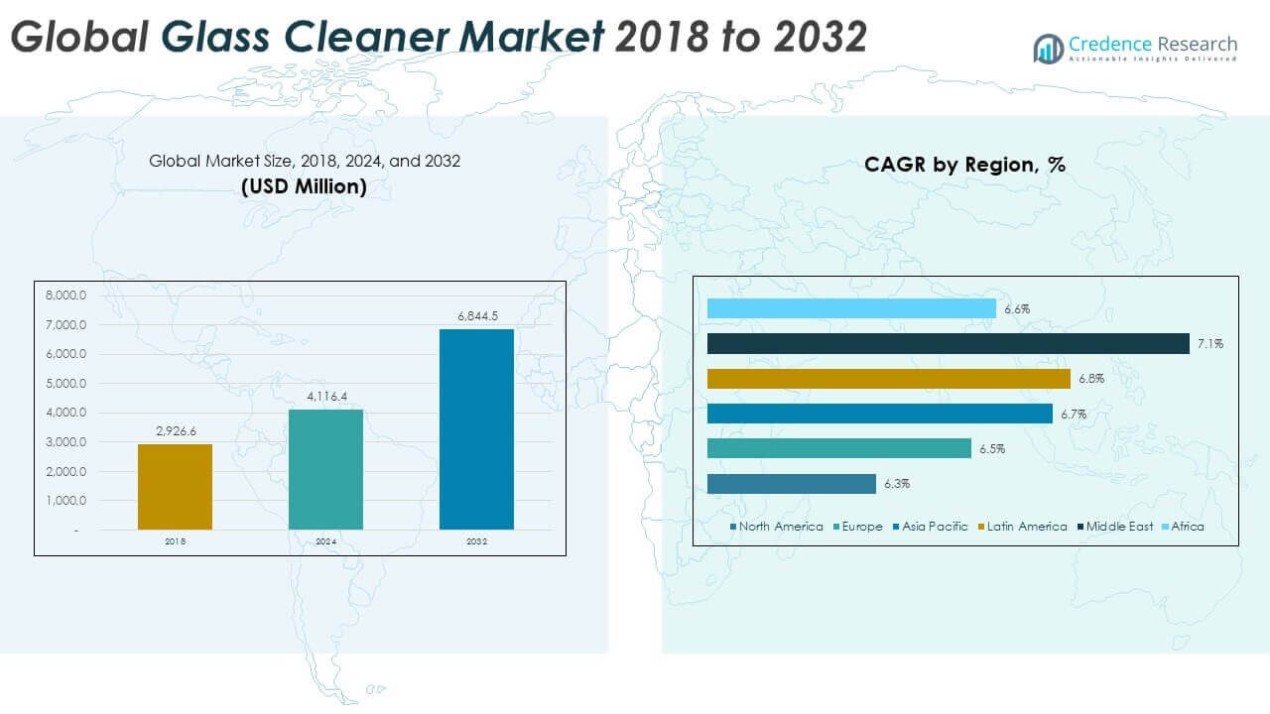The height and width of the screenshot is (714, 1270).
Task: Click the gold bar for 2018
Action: coord(175,486)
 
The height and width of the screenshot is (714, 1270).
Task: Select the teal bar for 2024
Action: coord(325,469)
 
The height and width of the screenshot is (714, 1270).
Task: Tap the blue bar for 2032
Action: coord(476,428)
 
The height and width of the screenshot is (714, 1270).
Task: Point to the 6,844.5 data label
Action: coord(477,316)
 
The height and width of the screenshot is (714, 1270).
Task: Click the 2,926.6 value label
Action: coord(176,431)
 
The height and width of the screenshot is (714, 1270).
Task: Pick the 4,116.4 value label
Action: coord(326,398)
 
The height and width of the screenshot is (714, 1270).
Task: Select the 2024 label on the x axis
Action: coord(326,542)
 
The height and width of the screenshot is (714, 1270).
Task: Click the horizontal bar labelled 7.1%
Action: coord(948,344)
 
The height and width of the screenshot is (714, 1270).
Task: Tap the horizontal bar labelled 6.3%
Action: coord(791,484)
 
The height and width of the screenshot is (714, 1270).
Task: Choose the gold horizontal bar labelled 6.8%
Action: coord(888,379)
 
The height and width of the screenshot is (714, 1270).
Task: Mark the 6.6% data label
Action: coord(1017,309)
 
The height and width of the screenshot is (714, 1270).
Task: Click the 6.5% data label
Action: coord(992,449)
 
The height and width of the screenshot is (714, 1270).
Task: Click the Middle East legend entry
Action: coord(1119,527)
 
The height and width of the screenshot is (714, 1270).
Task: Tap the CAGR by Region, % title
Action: coord(964,165)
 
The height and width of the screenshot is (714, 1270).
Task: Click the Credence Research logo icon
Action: coord(1048,48)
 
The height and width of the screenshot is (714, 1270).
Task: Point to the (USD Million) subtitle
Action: coord(304,186)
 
